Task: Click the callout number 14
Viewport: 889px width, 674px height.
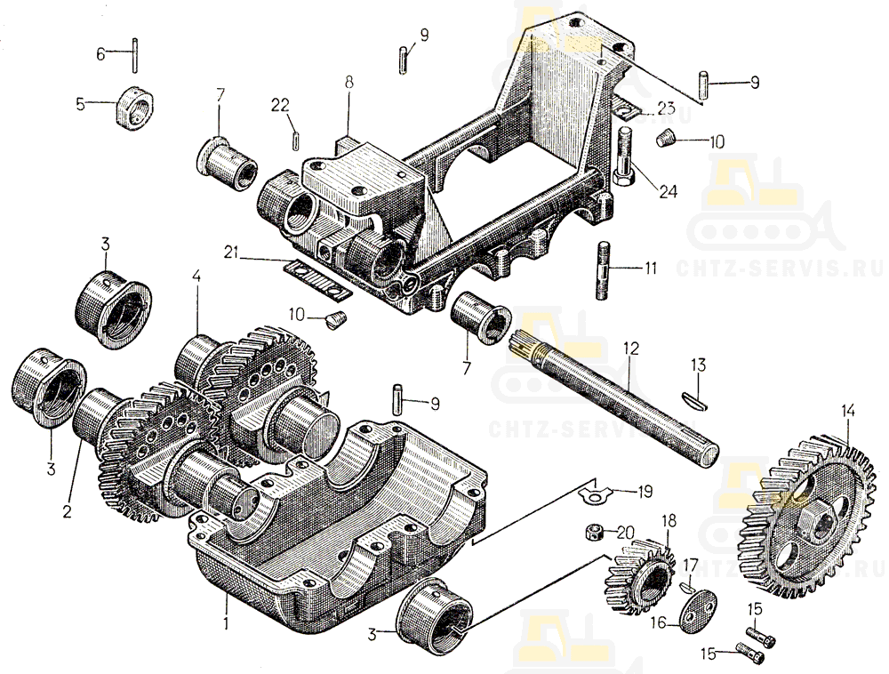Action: point(848,411)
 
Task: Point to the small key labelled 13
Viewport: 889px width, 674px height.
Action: point(696,403)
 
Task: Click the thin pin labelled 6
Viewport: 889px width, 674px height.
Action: point(135,53)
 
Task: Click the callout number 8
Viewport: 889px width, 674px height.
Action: point(348,81)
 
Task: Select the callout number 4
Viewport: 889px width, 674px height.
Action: point(196,277)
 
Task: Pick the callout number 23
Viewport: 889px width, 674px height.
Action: point(666,108)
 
